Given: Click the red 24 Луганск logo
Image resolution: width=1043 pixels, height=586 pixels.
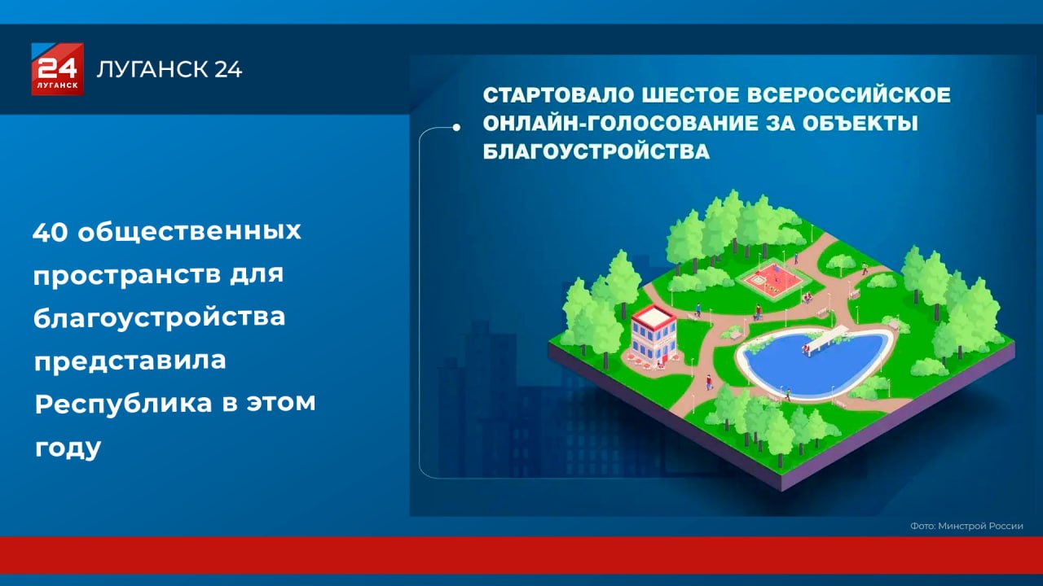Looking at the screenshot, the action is (x=57, y=69).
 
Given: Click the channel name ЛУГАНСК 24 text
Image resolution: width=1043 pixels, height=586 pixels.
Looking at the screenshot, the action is (x=169, y=69).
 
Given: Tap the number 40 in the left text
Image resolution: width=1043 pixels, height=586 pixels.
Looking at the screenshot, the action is (x=51, y=232).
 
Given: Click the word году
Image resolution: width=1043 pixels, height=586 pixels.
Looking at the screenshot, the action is (x=68, y=448).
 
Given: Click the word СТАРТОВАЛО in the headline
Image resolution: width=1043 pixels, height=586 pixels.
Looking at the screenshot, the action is (x=558, y=95).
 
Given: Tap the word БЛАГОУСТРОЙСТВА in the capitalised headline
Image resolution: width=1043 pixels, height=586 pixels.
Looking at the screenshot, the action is (x=596, y=151).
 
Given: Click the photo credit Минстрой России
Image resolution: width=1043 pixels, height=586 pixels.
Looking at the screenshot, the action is (x=980, y=526).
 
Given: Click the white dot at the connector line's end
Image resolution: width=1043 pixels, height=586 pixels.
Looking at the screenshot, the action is (x=456, y=128).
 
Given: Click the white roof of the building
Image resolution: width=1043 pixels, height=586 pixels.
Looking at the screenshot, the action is (x=654, y=315).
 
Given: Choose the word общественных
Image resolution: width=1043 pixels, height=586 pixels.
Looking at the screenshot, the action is (x=190, y=232).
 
